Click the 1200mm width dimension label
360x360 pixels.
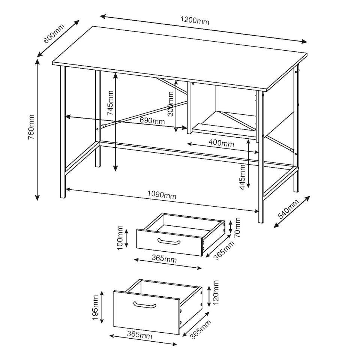point(195,21)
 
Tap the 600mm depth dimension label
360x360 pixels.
point(54,33)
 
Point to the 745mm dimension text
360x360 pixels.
point(110,103)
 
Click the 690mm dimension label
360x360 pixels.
point(152,121)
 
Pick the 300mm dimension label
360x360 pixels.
point(171,105)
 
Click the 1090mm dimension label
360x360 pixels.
point(162,195)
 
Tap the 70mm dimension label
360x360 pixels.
point(237,227)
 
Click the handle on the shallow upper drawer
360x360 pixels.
point(167,241)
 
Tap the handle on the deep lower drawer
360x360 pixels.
point(145,304)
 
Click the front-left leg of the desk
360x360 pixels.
point(63,131)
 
